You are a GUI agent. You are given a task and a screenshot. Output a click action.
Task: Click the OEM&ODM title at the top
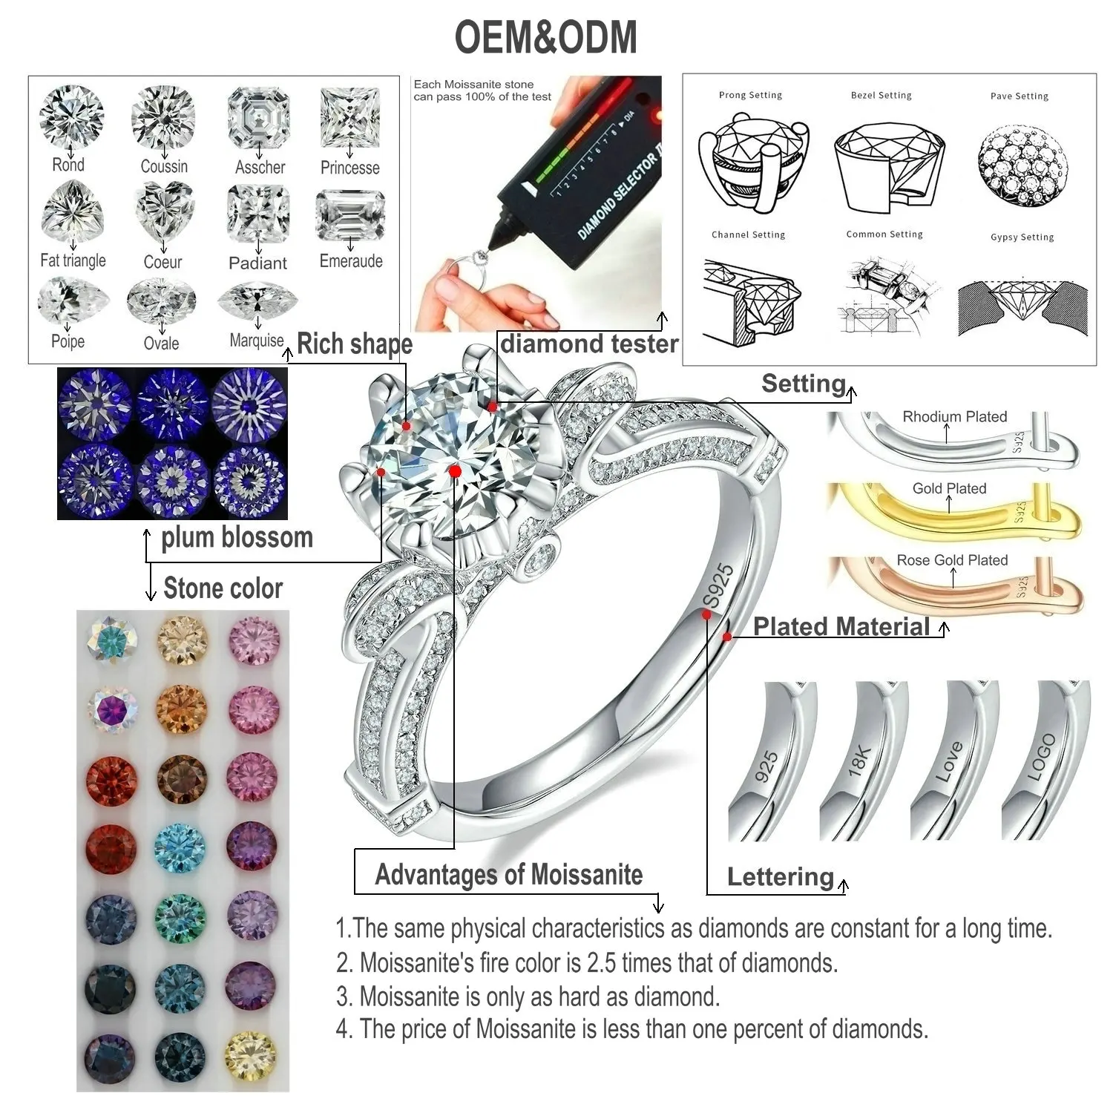point(545,37)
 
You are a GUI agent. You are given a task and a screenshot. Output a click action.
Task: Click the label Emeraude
point(351,261)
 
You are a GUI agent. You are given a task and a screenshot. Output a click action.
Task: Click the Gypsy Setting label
point(1022,237)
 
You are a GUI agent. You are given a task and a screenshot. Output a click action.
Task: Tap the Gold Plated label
point(949,488)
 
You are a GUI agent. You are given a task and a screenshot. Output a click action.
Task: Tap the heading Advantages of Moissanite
point(509,875)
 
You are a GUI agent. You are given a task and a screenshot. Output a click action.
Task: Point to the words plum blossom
point(237,537)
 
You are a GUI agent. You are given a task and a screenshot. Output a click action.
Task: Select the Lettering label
point(781,877)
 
